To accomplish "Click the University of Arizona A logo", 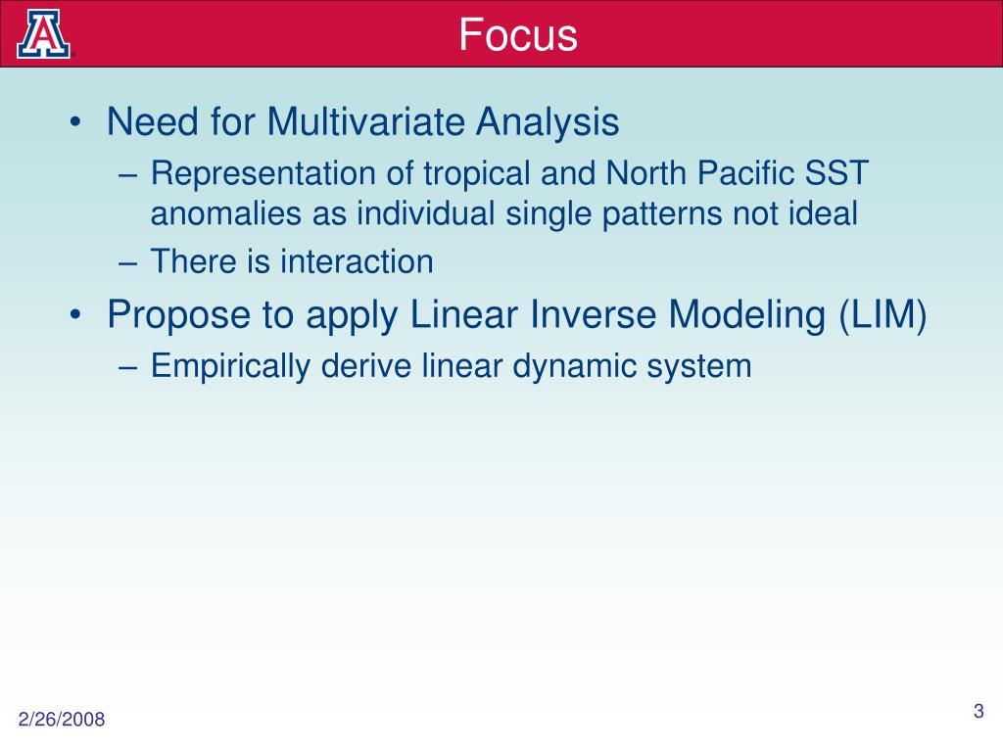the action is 43,34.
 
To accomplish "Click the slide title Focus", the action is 518,34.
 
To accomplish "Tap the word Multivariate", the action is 365,120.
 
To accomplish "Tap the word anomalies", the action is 226,213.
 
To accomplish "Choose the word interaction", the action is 357,261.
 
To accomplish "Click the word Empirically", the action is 230,367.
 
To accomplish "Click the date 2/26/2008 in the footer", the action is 62,720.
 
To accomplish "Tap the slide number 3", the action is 979,711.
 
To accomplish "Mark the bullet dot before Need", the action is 76,121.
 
